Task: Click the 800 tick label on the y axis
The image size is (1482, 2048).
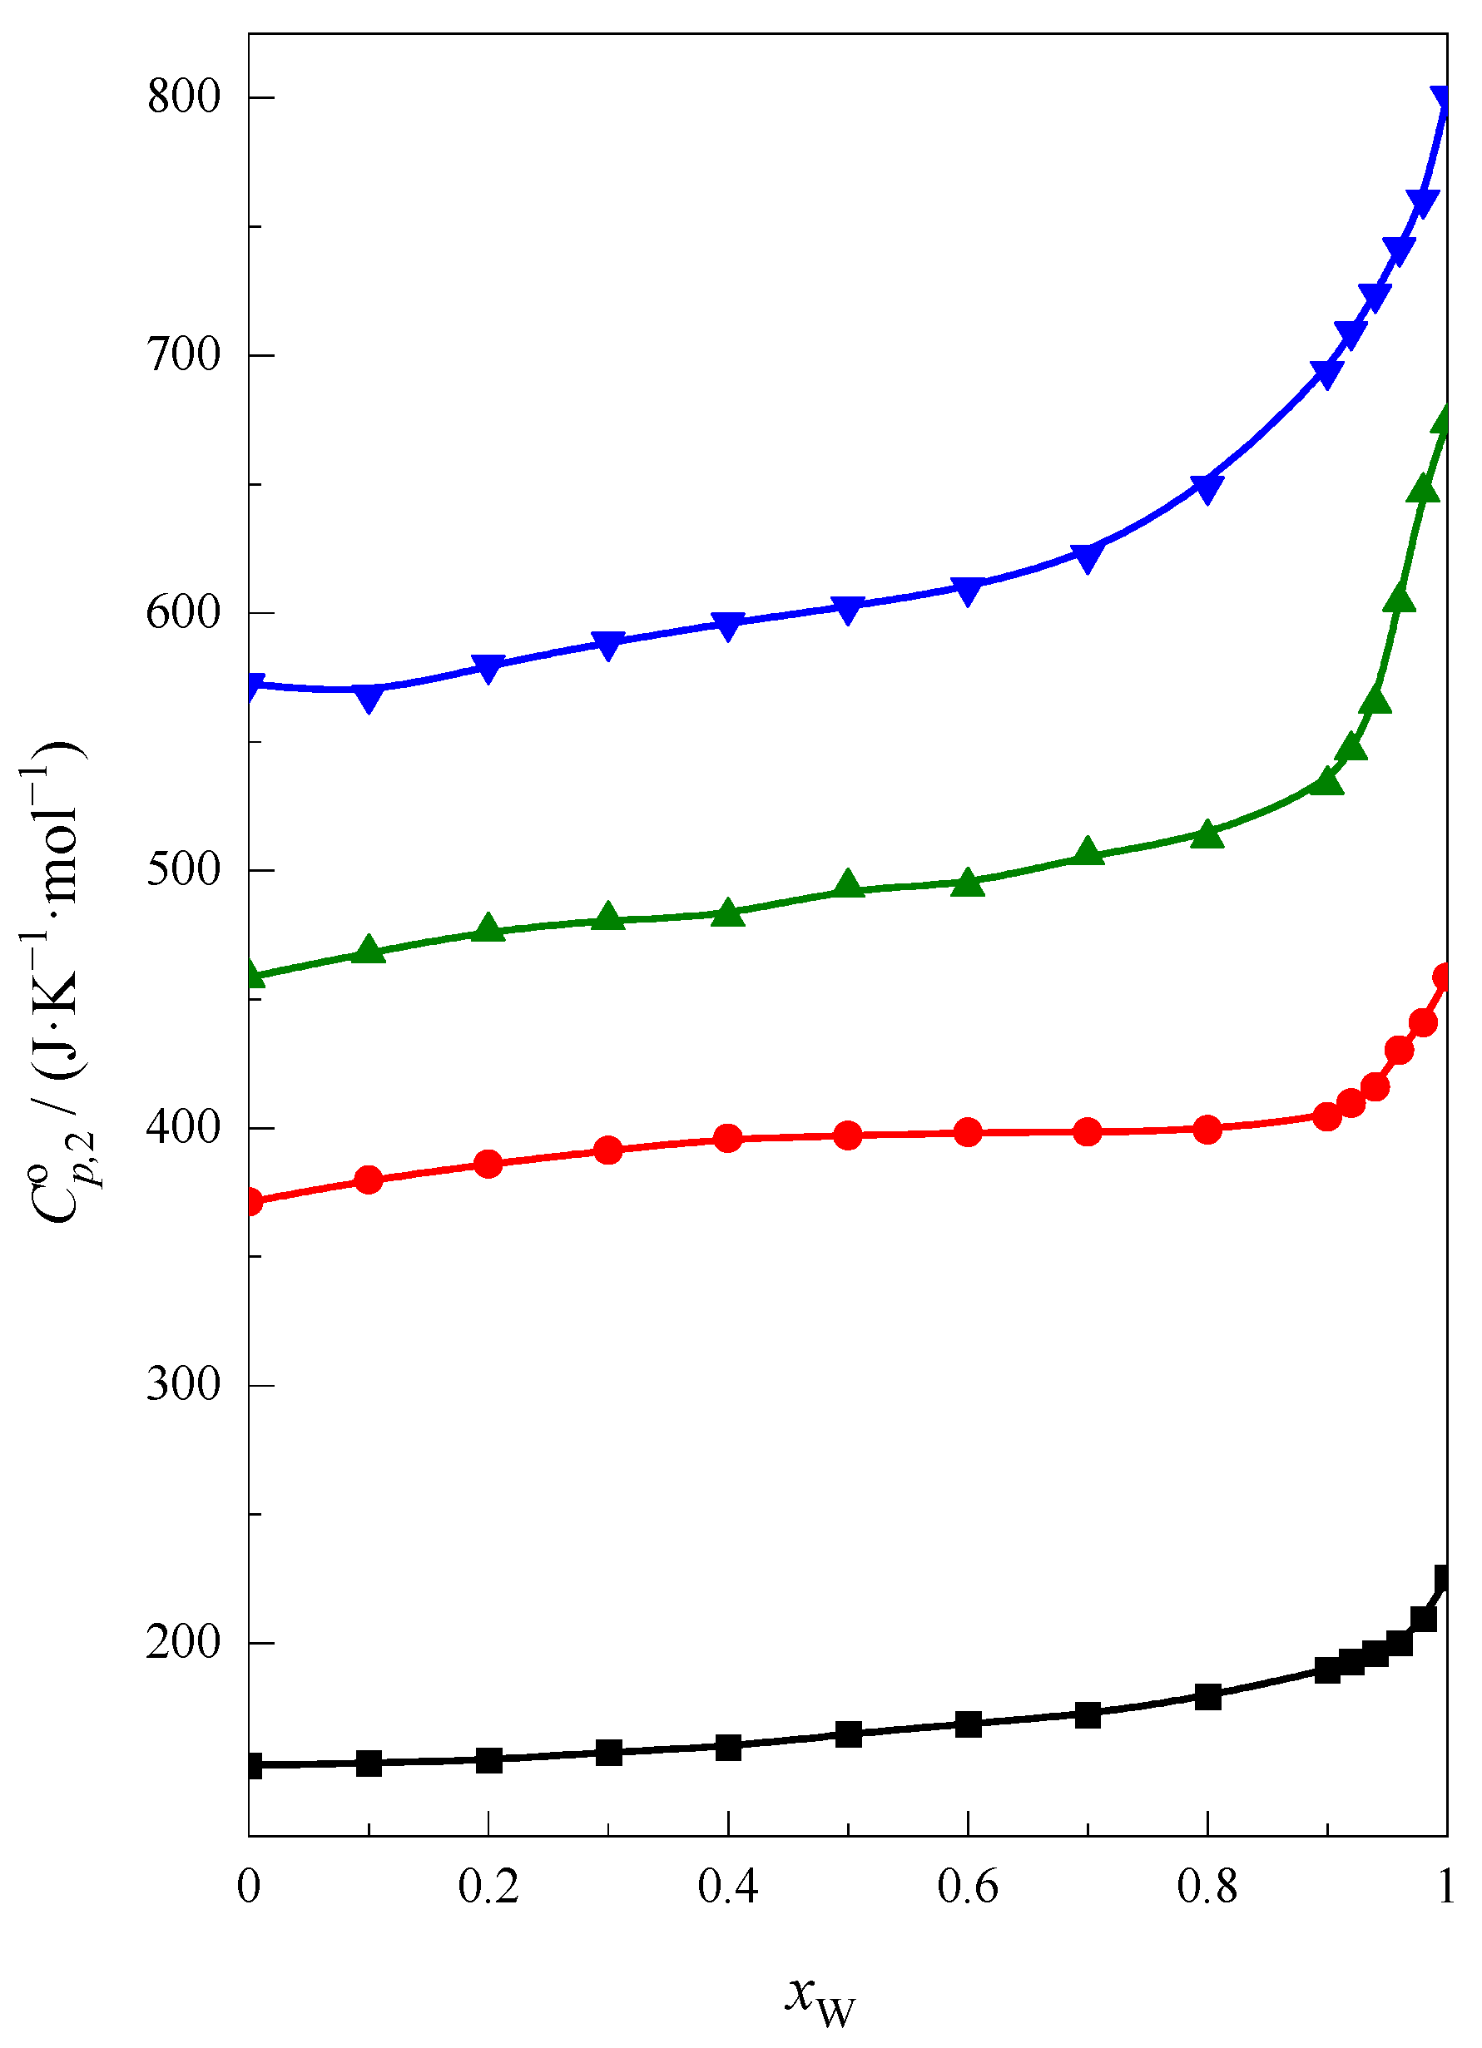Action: coord(183,96)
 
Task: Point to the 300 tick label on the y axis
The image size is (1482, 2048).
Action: coord(183,1384)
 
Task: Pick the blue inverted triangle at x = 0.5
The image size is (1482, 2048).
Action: coord(848,611)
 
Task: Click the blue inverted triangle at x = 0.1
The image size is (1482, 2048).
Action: coord(369,698)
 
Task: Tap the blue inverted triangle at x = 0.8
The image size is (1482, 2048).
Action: coord(1207,488)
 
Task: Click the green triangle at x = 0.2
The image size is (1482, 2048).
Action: coord(488,928)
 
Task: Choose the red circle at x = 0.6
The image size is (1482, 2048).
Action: coord(968,1132)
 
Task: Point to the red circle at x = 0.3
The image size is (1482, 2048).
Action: coord(609,1150)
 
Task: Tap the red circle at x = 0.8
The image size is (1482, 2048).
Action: coord(1207,1130)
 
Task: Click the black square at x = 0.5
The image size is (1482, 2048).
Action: coord(848,1734)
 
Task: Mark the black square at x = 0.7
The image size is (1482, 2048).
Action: coord(1088,1714)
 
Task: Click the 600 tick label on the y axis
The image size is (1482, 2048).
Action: coord(183,612)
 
